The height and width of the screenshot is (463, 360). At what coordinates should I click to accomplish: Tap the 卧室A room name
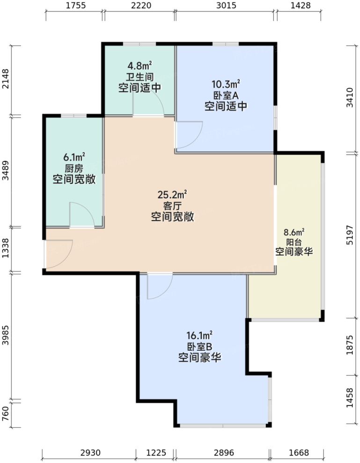[226, 96]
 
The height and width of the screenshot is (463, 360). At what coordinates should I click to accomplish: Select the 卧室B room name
[199, 347]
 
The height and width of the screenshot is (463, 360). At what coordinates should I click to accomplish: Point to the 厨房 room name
[74, 168]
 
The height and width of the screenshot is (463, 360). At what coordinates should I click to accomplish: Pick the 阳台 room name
[294, 242]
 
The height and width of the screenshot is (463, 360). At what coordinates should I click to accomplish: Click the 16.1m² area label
[199, 336]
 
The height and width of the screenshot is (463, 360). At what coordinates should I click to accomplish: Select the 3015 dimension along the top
[226, 6]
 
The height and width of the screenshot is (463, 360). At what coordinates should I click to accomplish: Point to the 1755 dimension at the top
[74, 6]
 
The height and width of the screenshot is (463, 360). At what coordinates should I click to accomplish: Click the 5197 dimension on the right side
[351, 235]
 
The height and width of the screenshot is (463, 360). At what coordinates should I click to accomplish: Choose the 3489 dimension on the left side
[6, 171]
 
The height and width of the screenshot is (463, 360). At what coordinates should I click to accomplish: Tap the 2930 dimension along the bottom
[90, 453]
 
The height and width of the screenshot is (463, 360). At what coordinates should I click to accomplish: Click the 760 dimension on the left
[6, 414]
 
